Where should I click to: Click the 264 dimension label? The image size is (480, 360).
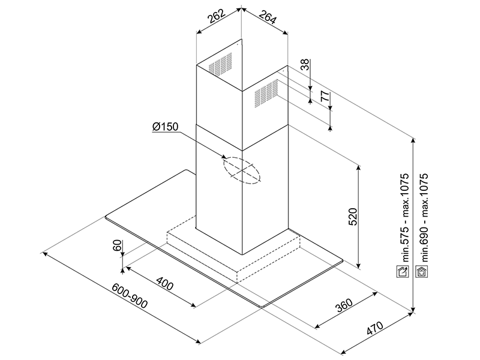point(267,19)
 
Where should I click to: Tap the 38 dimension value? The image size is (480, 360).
point(305,65)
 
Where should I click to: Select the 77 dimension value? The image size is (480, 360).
point(325,95)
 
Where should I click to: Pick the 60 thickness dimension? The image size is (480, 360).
point(117,246)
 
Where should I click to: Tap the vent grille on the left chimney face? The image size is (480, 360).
point(220,65)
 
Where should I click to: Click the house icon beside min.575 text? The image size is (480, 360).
point(404,271)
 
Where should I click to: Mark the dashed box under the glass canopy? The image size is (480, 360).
point(234,252)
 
